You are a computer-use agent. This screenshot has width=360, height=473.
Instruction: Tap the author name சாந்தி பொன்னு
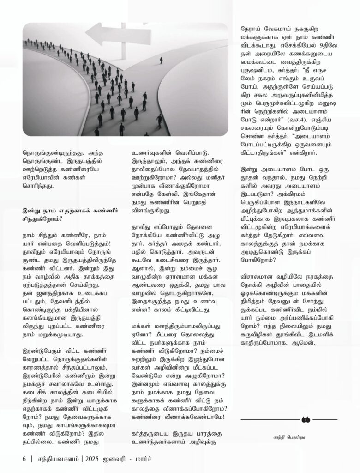pos(289,435)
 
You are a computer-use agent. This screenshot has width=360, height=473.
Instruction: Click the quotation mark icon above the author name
pos(305,419)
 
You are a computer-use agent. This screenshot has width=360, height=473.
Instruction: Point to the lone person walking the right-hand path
pos(161,61)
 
